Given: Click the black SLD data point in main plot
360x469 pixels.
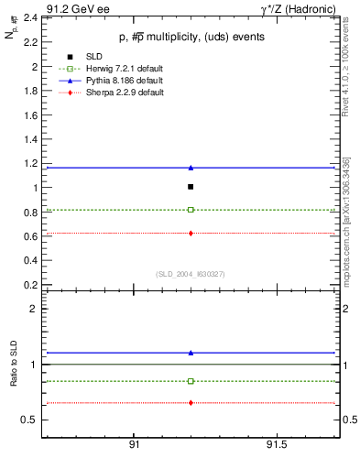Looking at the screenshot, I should click(191, 187).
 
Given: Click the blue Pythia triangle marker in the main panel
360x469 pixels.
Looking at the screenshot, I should click(191, 168).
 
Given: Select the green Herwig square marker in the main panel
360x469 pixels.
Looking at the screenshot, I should click(191, 210).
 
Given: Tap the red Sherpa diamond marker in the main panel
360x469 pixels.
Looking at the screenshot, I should click(191, 233).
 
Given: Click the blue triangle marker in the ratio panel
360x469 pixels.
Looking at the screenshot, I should click(191, 353).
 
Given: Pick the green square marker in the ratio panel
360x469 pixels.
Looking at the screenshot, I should click(191, 381).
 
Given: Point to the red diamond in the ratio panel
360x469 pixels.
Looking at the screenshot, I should click(191, 403).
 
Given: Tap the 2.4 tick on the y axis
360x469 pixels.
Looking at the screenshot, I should click(32, 18).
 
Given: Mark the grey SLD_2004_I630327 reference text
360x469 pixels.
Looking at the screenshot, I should click(189, 274).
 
